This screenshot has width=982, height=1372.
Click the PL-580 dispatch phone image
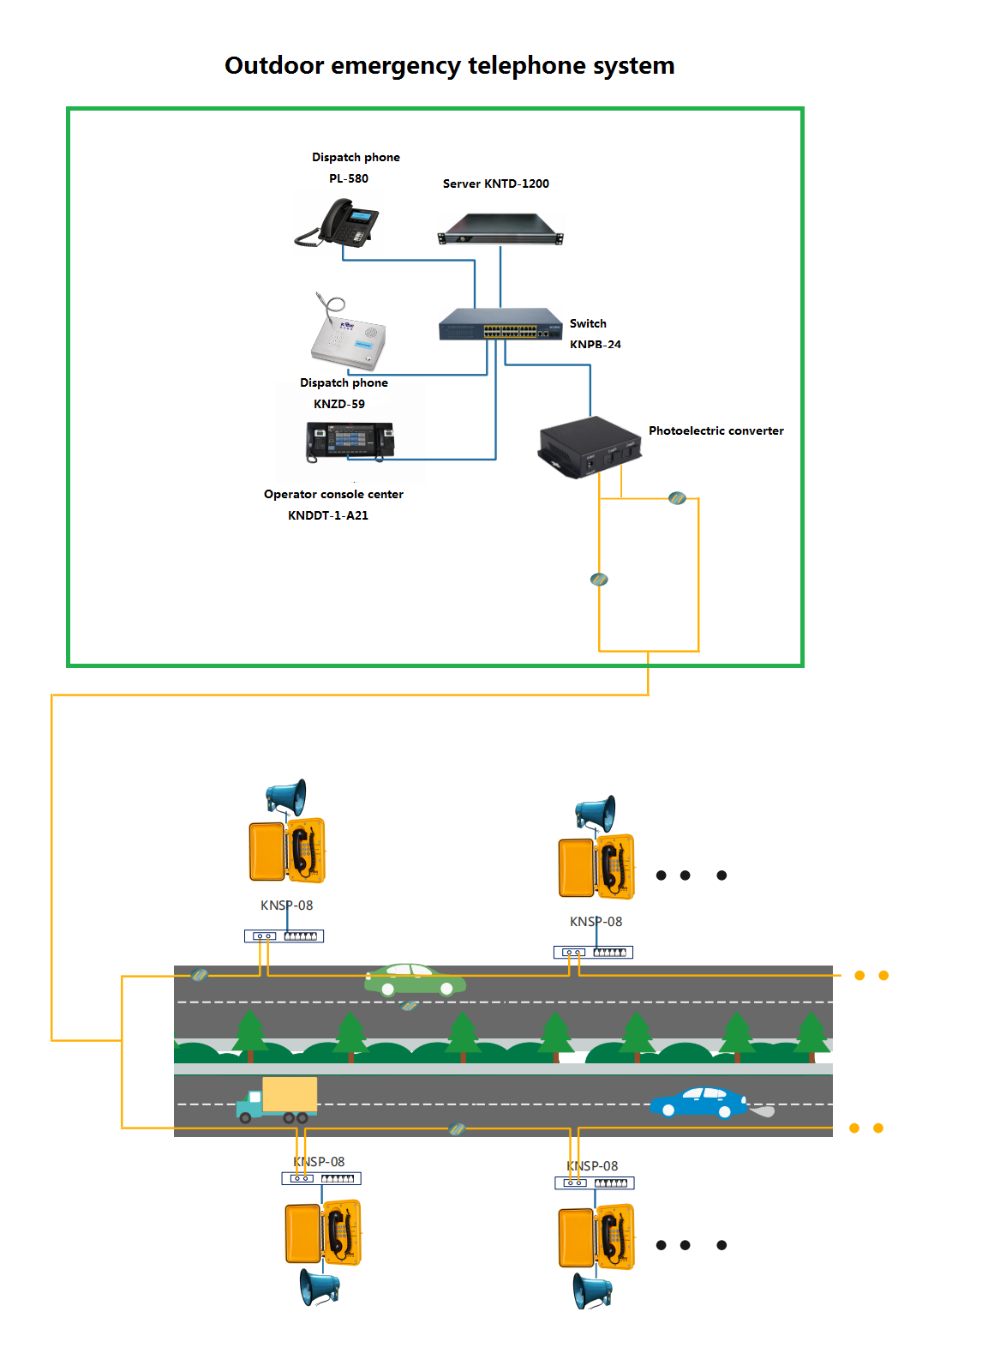(x=338, y=223)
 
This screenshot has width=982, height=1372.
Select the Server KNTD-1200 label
(x=495, y=184)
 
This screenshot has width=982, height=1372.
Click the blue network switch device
(x=500, y=324)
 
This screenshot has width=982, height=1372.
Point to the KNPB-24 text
(x=595, y=345)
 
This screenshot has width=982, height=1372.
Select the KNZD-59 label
(x=338, y=404)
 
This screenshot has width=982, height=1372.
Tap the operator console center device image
(x=350, y=441)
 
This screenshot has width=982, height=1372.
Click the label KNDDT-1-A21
(x=327, y=515)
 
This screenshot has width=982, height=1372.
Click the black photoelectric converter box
(x=590, y=446)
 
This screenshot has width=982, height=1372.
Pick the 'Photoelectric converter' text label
(x=716, y=431)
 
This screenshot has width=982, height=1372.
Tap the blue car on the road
(x=699, y=1103)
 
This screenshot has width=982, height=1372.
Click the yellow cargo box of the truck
(x=290, y=1095)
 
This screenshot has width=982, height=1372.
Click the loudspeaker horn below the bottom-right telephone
(x=591, y=1290)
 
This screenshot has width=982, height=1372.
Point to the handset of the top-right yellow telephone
(x=609, y=866)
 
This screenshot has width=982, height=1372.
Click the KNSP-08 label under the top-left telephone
(x=286, y=906)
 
